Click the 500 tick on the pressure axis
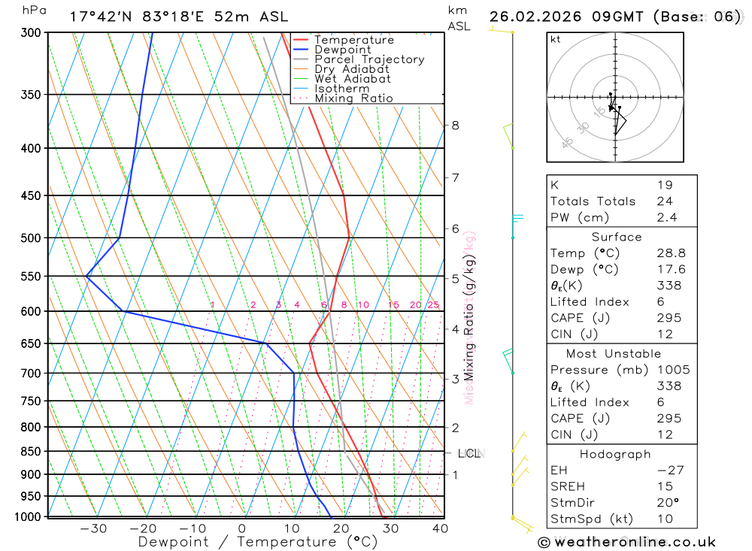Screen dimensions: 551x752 [31, 238]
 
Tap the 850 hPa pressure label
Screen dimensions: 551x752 [31, 452]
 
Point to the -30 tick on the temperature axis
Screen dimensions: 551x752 [93, 528]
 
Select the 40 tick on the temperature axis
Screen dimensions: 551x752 [440, 528]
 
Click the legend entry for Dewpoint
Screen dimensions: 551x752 [343, 50]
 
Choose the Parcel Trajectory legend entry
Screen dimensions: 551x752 [369, 59]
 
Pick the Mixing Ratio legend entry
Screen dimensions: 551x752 [353, 98]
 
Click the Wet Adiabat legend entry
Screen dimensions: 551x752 [353, 79]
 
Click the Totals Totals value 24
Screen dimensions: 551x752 [663, 201]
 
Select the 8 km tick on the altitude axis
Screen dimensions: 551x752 [455, 126]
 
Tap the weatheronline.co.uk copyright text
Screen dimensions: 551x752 [626, 541]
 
